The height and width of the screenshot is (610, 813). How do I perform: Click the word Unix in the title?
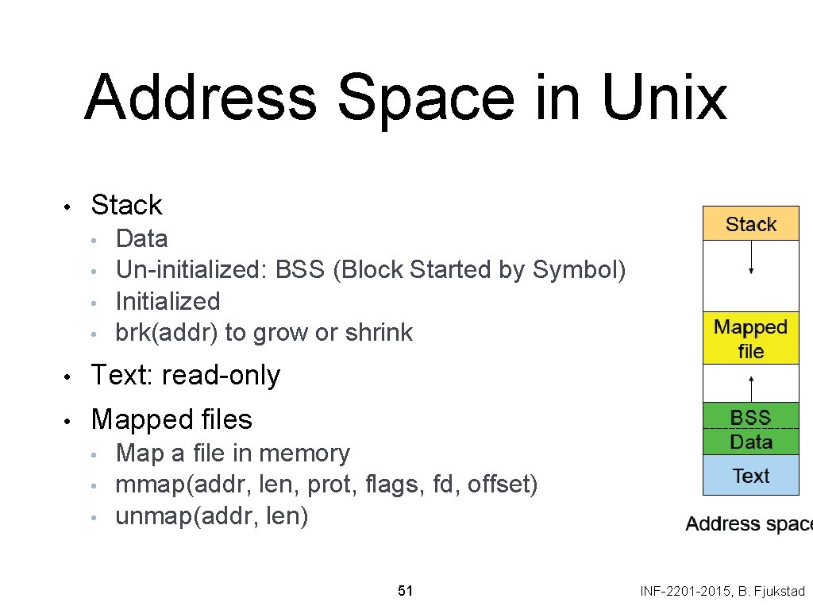664,98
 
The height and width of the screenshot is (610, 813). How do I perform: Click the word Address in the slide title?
200,98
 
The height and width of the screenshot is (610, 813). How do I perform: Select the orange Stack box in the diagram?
750,224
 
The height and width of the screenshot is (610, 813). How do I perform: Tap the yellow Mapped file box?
750,339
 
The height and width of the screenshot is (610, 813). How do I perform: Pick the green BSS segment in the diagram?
750,417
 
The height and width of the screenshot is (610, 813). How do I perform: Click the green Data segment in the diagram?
750,442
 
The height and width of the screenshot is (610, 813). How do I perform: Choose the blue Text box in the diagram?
750,476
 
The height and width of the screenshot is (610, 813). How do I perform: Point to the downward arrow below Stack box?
751,257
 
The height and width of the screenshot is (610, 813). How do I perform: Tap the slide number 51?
405,591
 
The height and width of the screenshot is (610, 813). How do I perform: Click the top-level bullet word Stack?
126,205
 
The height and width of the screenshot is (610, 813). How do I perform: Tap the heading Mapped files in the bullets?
171,419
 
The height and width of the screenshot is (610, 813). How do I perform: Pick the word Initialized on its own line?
168,301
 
